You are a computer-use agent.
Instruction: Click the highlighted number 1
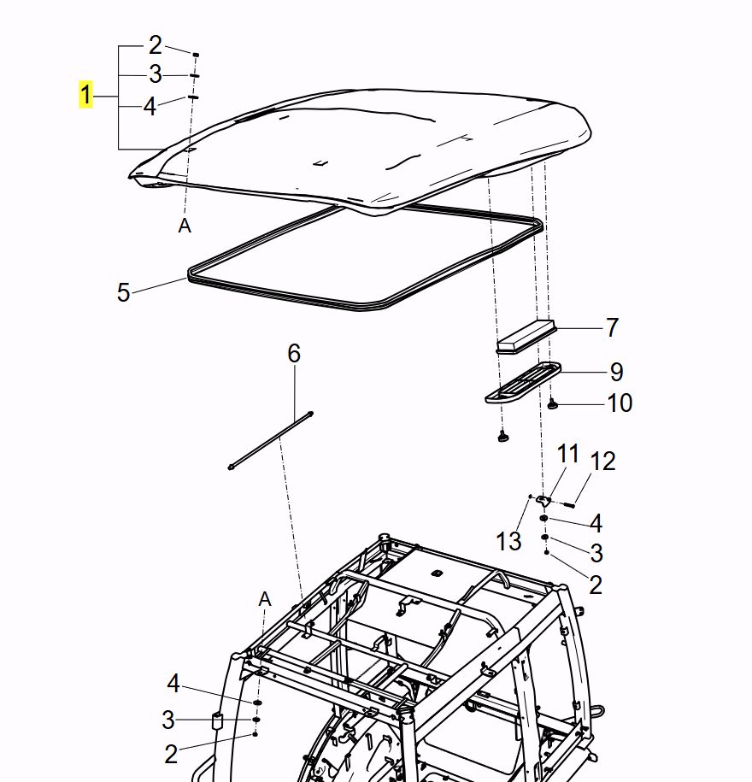[x=85, y=95]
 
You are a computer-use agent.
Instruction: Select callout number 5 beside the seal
[x=124, y=293]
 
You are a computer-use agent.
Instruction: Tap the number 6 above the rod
[x=294, y=353]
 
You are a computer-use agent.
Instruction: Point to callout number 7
[x=611, y=327]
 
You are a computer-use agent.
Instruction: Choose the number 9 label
[x=615, y=372]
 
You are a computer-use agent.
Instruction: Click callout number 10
[x=620, y=403]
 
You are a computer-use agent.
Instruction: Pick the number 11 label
[x=568, y=454]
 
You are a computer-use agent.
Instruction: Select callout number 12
[x=602, y=462]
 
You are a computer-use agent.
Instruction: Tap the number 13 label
[x=508, y=540]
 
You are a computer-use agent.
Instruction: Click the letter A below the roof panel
[x=185, y=226]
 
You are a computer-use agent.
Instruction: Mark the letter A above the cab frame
[x=265, y=599]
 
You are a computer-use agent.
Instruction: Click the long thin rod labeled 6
[x=270, y=440]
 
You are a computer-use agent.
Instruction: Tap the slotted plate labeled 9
[x=523, y=382]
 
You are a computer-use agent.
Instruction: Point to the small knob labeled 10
[x=553, y=404]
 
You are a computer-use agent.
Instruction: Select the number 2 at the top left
[x=155, y=44]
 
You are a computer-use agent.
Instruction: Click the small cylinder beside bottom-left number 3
[x=217, y=721]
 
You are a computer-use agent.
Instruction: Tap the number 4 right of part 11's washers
[x=596, y=523]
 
